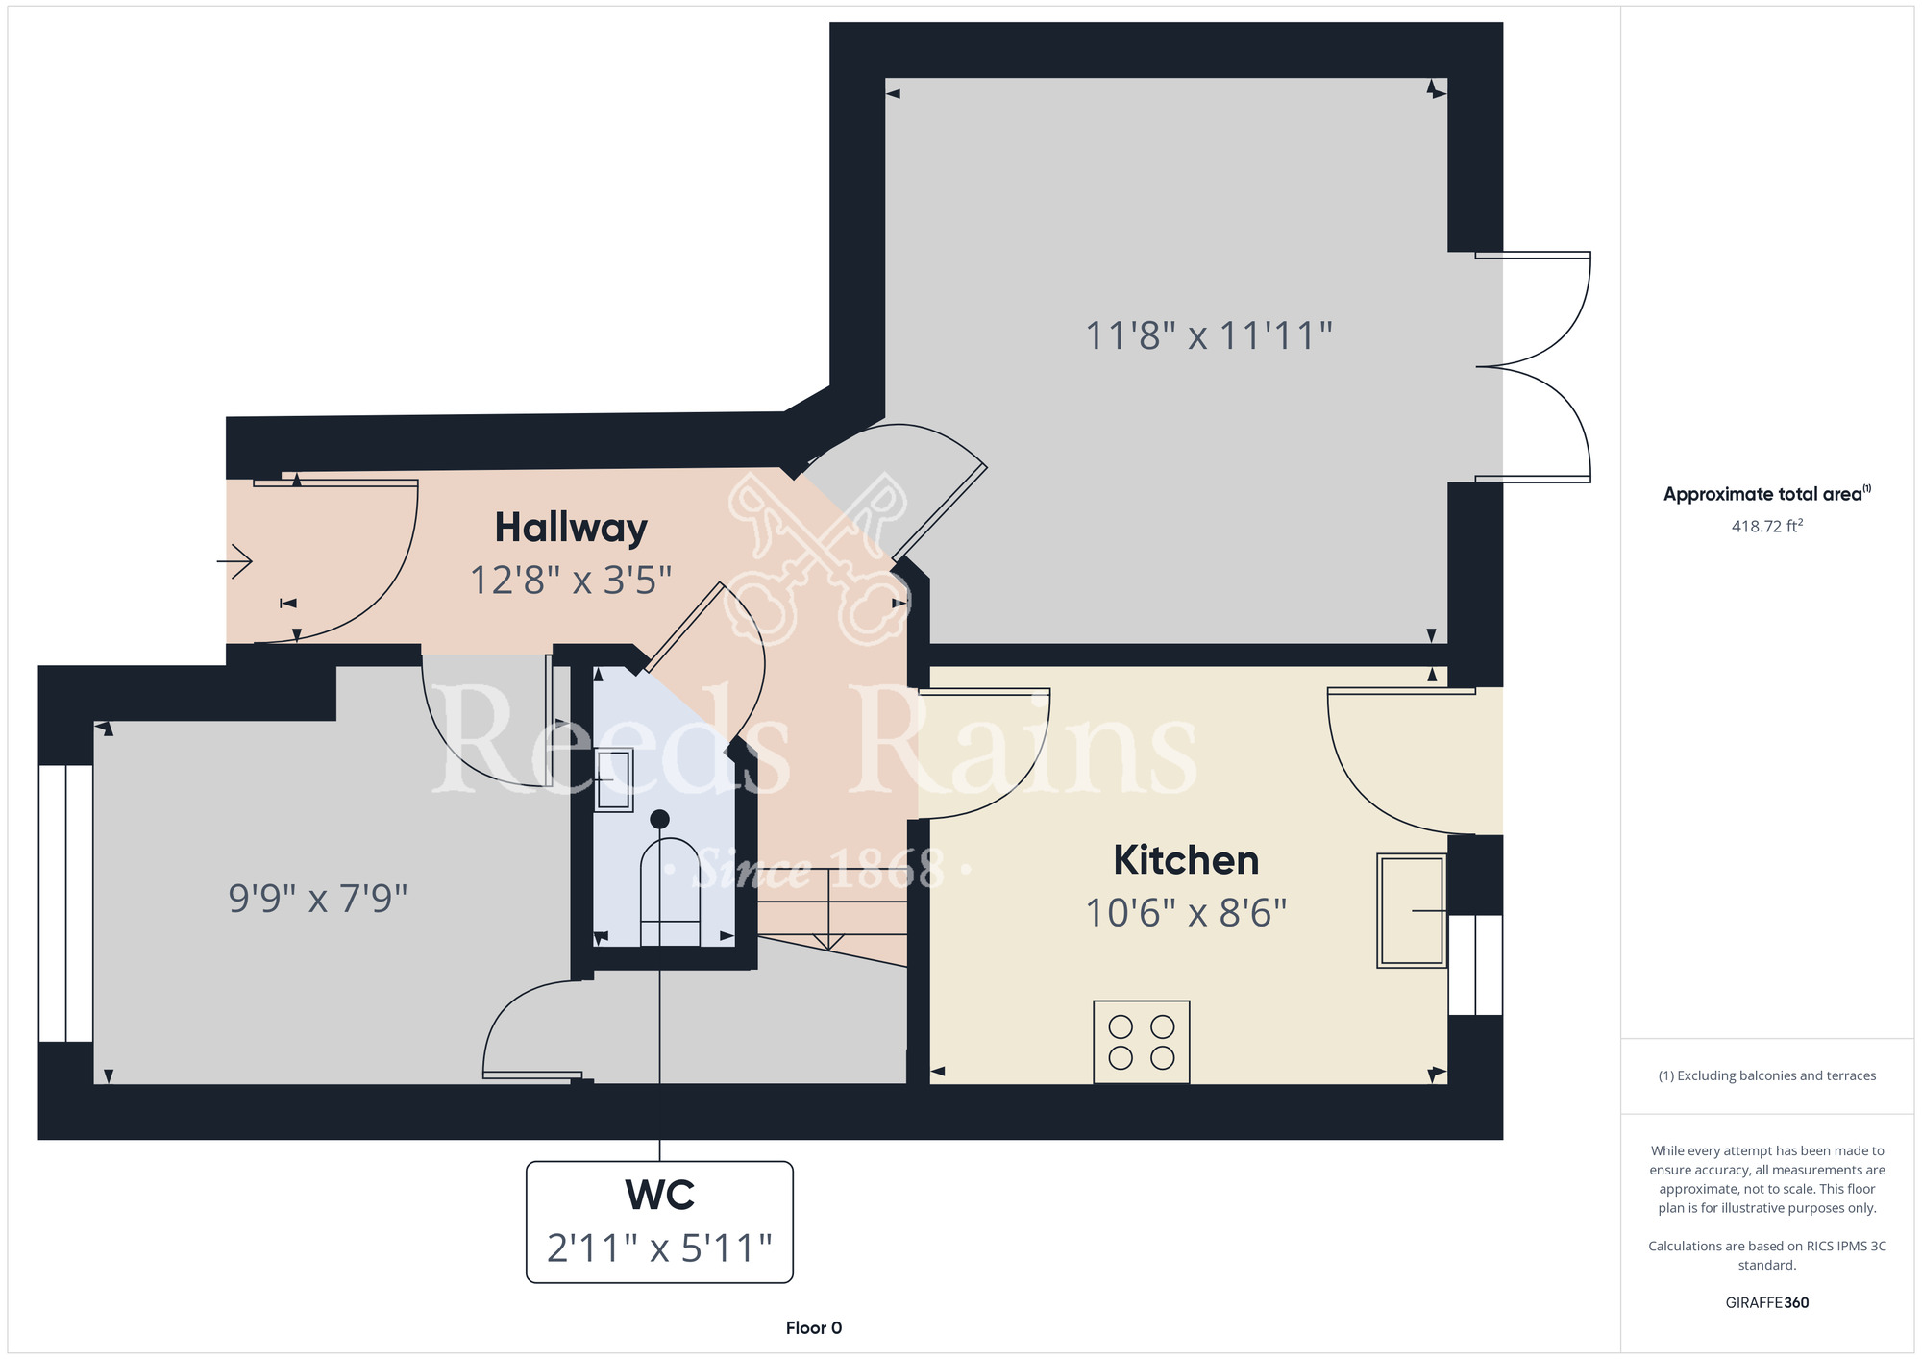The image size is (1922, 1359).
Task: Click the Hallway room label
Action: click(x=571, y=528)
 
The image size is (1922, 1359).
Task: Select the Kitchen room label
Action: click(x=1186, y=860)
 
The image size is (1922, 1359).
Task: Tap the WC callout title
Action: click(x=659, y=1195)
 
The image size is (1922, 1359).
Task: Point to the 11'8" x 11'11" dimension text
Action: click(x=1209, y=336)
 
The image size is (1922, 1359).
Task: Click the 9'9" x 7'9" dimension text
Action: click(x=318, y=899)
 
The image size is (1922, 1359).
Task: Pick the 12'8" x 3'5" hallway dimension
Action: click(x=571, y=581)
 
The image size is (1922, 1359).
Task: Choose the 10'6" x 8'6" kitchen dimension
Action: click(x=1186, y=913)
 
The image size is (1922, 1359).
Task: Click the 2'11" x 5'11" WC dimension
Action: click(x=659, y=1248)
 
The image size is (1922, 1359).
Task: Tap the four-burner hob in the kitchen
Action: click(x=1142, y=1042)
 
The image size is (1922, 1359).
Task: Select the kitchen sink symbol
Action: click(x=1412, y=910)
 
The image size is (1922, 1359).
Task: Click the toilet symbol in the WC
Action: click(x=670, y=879)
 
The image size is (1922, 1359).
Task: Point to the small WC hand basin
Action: click(x=613, y=780)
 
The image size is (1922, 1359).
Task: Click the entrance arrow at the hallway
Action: click(x=234, y=560)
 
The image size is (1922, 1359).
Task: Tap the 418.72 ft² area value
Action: click(x=1766, y=526)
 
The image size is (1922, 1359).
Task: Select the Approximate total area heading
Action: click(x=1766, y=494)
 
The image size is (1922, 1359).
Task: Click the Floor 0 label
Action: click(x=814, y=1327)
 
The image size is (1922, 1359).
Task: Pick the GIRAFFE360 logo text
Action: click(x=1766, y=1302)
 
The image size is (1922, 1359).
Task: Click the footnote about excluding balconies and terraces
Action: click(x=1766, y=1075)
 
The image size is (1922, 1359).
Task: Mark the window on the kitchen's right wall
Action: click(x=1475, y=965)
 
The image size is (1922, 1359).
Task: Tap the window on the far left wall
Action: click(x=65, y=903)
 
